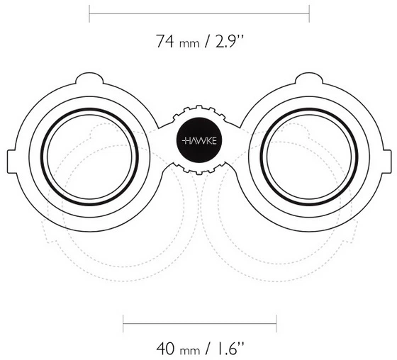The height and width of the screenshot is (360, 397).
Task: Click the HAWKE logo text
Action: (x=199, y=141)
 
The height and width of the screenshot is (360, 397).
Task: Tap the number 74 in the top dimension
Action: (x=164, y=41)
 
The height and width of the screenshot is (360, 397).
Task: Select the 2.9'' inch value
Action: (x=230, y=41)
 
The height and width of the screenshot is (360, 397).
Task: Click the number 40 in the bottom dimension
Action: (x=166, y=349)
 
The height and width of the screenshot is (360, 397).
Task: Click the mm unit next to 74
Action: (x=189, y=44)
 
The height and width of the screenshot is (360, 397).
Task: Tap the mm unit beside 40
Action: (x=190, y=351)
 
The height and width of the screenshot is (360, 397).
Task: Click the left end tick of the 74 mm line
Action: (x=89, y=13)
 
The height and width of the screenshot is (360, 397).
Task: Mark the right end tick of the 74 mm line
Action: (x=309, y=13)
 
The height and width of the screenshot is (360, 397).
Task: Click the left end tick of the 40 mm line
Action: (x=123, y=324)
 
